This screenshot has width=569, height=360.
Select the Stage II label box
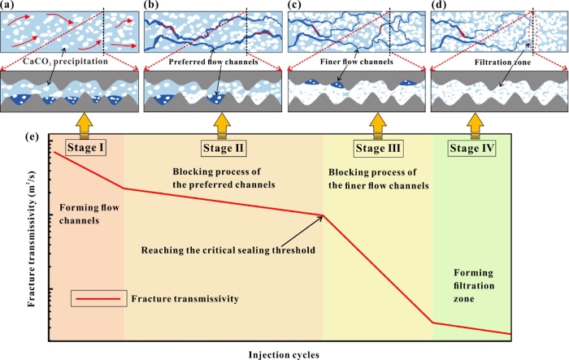point(222,148)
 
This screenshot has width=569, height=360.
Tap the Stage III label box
point(376,148)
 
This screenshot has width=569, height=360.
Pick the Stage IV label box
point(476,148)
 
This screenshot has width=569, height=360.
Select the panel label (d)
point(439,7)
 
